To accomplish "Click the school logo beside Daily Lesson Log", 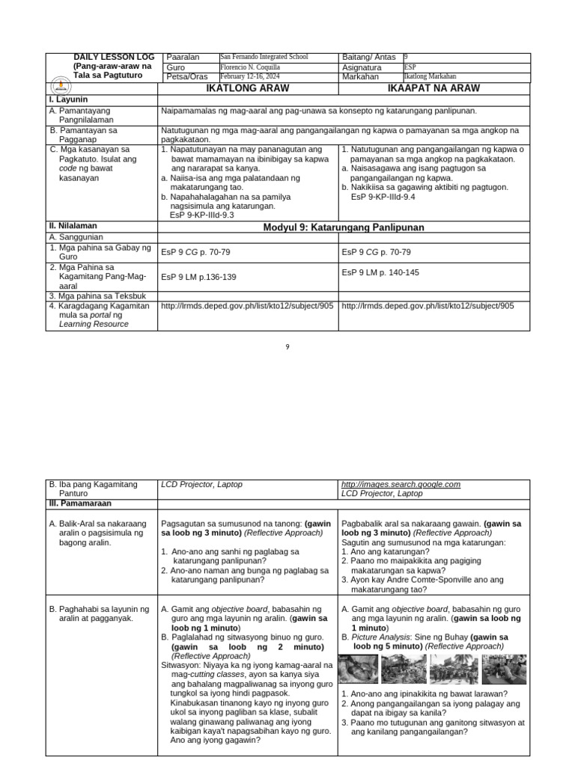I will coord(61,86).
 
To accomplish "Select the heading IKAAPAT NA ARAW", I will coord(433,88).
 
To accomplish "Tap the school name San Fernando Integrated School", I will coord(264,57).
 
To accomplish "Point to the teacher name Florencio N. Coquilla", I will coord(249,67).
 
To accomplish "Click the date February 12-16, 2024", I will coord(251,76).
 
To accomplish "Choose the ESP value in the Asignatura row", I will coord(410,67).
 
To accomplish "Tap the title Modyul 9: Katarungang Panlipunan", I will coord(344,227).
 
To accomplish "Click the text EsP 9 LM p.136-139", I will coord(198,277).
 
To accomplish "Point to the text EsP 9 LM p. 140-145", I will coord(380,272).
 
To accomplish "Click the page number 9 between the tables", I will coord(287,346).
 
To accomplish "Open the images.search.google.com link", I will coord(401,484).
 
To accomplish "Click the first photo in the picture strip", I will coord(358,669).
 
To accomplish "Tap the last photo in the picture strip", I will coord(504,669).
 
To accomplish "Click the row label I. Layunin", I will coord(69,99).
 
